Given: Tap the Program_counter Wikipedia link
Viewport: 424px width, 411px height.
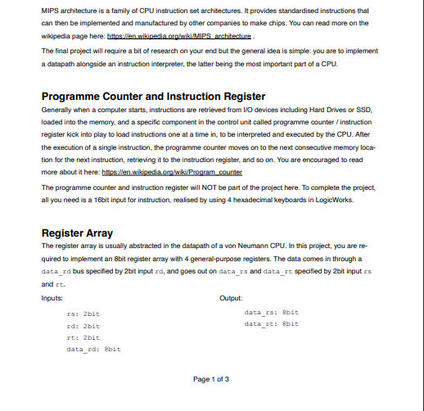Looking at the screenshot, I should (x=184, y=173).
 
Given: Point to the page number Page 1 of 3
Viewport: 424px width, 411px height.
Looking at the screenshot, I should (x=211, y=378).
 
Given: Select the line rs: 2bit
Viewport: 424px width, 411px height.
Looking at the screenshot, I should (x=83, y=314).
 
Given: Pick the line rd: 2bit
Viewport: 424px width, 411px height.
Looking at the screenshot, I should (x=83, y=325).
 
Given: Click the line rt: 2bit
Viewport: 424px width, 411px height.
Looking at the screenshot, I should (x=83, y=336).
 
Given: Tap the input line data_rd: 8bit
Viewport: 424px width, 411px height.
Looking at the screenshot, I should (x=93, y=349).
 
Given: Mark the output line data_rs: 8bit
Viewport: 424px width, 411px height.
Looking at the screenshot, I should (x=272, y=312).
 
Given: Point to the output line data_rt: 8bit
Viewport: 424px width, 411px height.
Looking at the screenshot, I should (x=272, y=323).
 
